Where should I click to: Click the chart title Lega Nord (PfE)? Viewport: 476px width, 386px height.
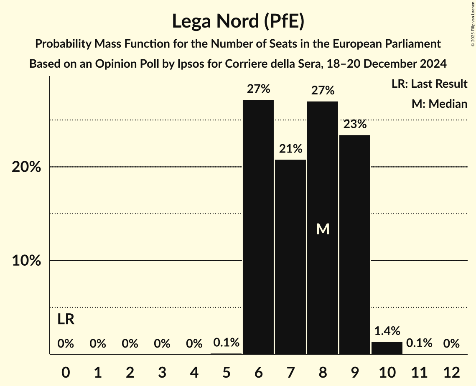(238, 21)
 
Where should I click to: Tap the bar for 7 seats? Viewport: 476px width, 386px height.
(290, 256)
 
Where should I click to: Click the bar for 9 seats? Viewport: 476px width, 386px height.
(355, 244)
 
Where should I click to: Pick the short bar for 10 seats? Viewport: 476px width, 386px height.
(387, 348)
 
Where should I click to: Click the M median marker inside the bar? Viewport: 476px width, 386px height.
(323, 229)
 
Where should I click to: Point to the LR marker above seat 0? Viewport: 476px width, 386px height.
(66, 320)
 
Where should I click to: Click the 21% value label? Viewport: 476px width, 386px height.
(290, 149)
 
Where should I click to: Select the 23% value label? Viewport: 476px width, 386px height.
(355, 124)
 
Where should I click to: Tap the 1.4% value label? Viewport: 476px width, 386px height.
(387, 331)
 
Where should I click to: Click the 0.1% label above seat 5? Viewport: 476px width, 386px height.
(226, 343)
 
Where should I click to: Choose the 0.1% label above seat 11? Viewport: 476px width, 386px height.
(419, 343)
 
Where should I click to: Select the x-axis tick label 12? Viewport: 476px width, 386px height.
(451, 372)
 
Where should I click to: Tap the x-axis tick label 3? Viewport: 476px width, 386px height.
(162, 372)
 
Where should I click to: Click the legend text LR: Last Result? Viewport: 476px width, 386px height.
(429, 84)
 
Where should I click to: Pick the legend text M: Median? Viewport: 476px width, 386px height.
(439, 104)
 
